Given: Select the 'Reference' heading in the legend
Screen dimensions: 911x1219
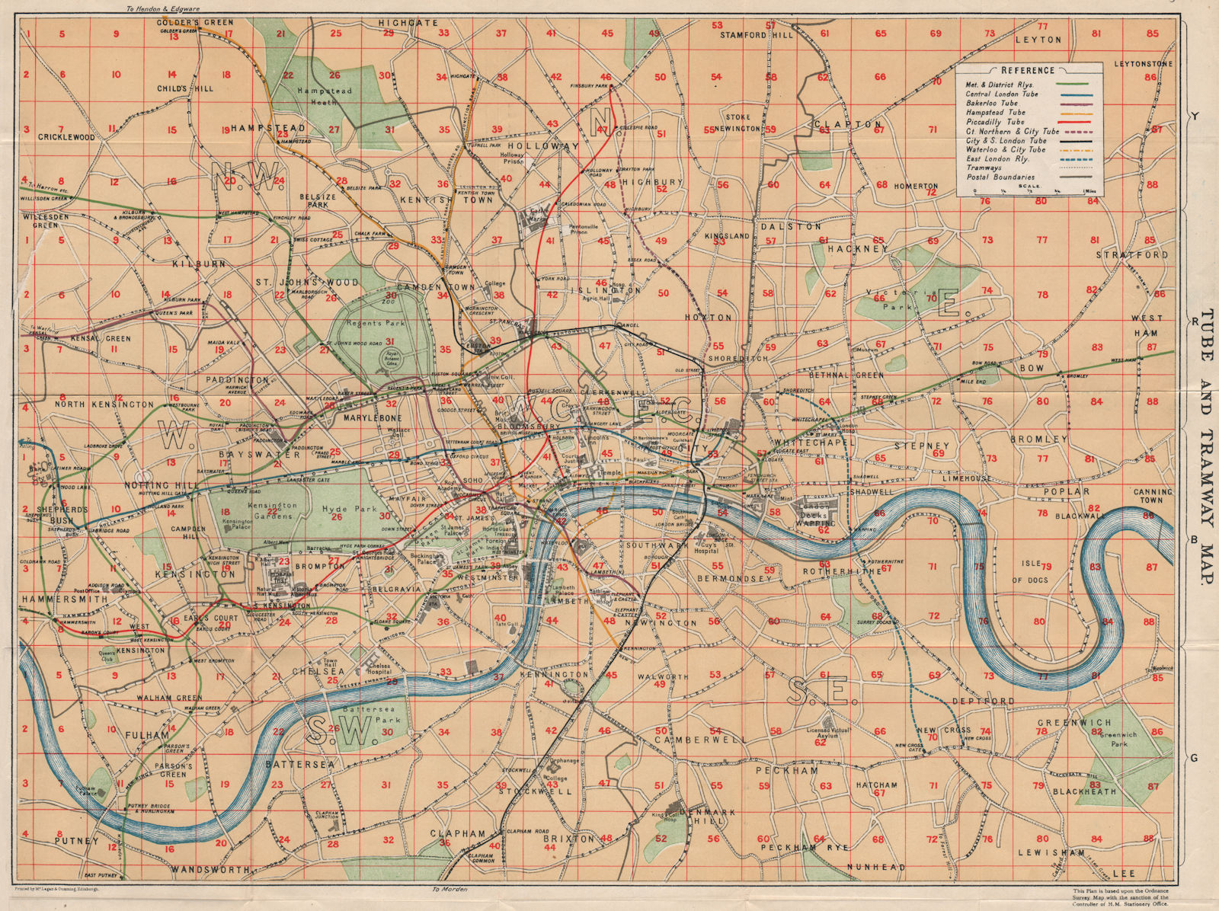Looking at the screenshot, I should (1028, 70).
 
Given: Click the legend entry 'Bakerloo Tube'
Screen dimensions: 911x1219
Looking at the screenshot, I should (991, 103).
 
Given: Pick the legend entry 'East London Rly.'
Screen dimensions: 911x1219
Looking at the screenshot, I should (997, 159).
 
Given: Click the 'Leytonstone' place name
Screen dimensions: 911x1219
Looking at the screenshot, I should (1143, 64).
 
